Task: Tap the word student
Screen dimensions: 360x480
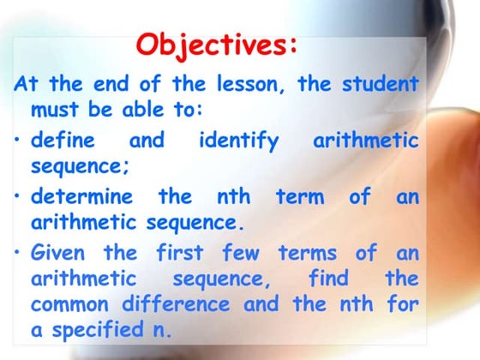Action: point(381,84)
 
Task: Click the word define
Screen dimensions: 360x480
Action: point(63,140)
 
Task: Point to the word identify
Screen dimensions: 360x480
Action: point(238,140)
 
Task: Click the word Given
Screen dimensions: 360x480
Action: point(61,253)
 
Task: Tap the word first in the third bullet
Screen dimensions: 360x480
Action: point(180,253)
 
